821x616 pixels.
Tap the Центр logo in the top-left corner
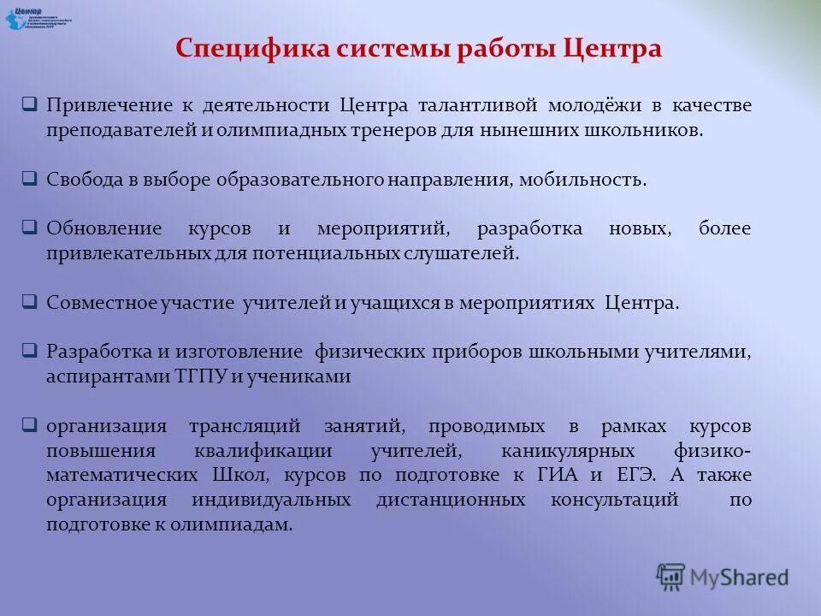[39, 17]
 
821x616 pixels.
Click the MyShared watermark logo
[723, 577]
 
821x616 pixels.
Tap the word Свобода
[81, 180]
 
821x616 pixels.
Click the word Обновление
[103, 229]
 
